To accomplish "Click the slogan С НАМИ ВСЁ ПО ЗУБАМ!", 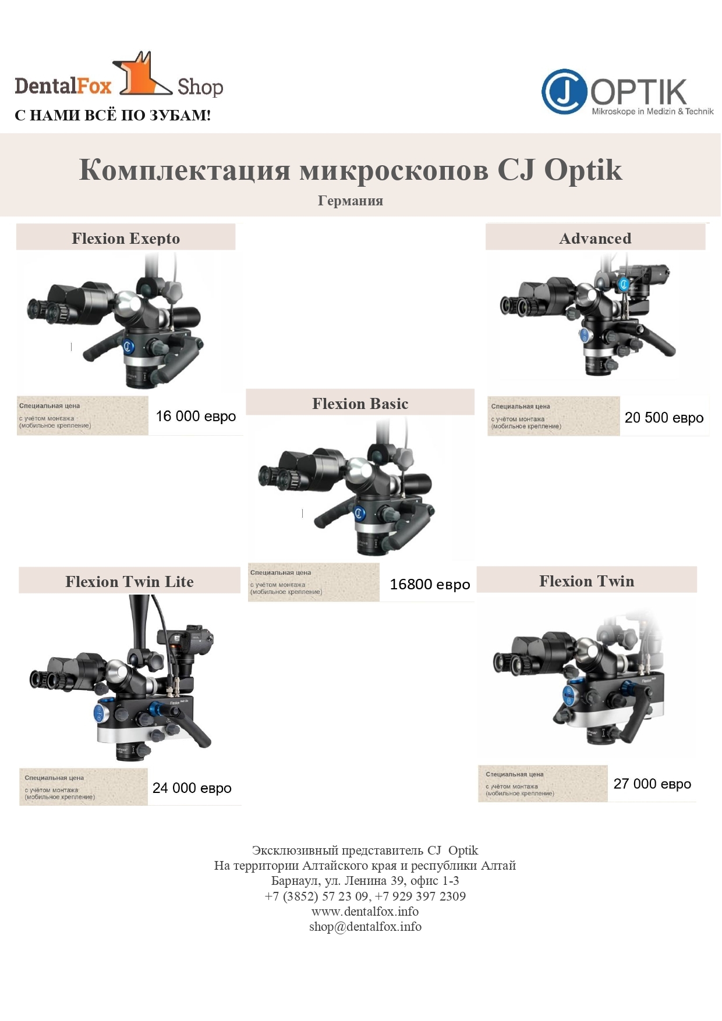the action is pyautogui.click(x=113, y=115).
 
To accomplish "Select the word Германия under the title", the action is pyautogui.click(x=351, y=201).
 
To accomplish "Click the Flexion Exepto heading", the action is pyautogui.click(x=126, y=239).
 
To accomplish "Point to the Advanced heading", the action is pyautogui.click(x=595, y=239).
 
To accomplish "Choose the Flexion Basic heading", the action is pyautogui.click(x=360, y=404).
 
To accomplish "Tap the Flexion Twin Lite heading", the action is pyautogui.click(x=129, y=582).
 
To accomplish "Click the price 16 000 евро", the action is pyautogui.click(x=196, y=417).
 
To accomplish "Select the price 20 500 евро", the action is pyautogui.click(x=664, y=418).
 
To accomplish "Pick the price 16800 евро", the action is pyautogui.click(x=430, y=585).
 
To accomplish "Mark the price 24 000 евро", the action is pyautogui.click(x=192, y=788).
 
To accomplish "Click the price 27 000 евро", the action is pyautogui.click(x=652, y=784).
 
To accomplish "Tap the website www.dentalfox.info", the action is pyautogui.click(x=365, y=912).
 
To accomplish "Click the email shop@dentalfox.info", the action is pyautogui.click(x=365, y=927).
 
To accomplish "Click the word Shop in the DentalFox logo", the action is pyautogui.click(x=200, y=87).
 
